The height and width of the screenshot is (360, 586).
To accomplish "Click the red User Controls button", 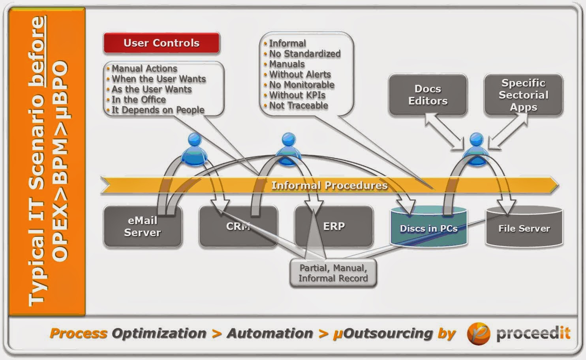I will [x=161, y=43].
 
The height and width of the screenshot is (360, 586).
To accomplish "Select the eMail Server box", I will [x=142, y=227].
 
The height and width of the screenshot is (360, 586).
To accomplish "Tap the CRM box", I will [x=238, y=227].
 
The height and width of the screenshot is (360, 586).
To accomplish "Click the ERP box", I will [x=334, y=226].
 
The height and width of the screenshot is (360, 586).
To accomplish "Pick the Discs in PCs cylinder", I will [x=428, y=229].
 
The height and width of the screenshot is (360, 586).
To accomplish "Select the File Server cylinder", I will [x=524, y=229].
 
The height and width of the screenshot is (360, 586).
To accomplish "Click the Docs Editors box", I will [x=428, y=95].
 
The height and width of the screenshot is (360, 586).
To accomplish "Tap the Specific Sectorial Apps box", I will [x=523, y=95].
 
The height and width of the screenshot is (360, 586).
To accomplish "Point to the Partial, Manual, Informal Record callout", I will [x=333, y=273].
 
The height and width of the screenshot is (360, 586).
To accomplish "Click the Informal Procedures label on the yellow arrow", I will [x=329, y=186].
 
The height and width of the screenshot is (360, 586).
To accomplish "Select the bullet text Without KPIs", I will [x=297, y=95].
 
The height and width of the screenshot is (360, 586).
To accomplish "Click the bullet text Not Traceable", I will [x=299, y=105].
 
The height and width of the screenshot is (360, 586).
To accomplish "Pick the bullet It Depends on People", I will [x=158, y=110].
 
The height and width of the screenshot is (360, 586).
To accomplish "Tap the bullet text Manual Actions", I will [x=144, y=69].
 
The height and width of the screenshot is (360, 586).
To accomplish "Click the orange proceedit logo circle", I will [x=479, y=334].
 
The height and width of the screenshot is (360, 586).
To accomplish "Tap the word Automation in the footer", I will [x=270, y=334].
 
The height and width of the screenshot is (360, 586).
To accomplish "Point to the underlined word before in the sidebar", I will [x=38, y=51].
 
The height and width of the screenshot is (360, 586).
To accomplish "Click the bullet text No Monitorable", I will [x=302, y=85].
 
